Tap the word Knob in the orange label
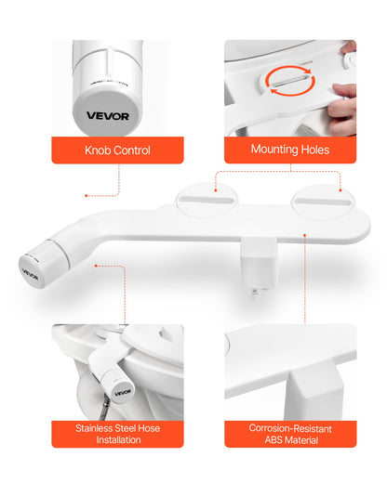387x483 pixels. coord(98,149)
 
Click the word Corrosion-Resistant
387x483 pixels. coord(290,428)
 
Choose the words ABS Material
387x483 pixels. coord(290,440)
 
